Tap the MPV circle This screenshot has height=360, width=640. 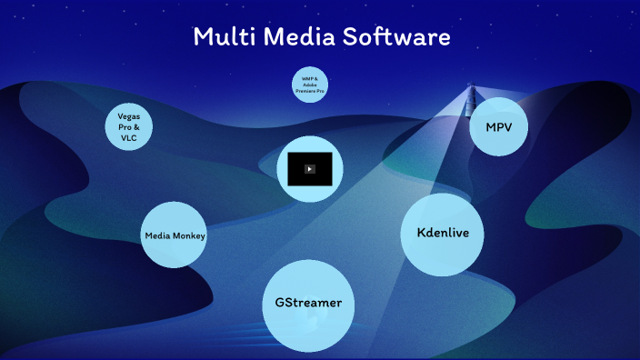(x=499, y=125)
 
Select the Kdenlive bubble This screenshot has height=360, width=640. (x=442, y=234)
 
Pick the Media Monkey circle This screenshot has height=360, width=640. (x=175, y=235)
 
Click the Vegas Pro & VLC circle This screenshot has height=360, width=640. (x=128, y=126)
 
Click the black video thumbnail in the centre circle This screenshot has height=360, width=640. (x=309, y=168)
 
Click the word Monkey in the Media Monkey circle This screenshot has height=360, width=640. (x=191, y=236)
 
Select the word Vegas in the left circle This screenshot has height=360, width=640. (x=128, y=116)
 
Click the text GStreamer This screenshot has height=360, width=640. (x=308, y=302)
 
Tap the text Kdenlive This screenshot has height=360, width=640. (x=442, y=234)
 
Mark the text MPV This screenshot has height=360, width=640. (x=499, y=126)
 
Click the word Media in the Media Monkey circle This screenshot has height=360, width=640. (x=158, y=236)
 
